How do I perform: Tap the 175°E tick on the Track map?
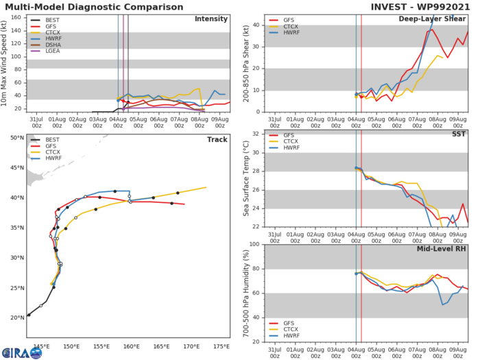(221, 328)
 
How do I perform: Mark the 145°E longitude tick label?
(40, 328)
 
